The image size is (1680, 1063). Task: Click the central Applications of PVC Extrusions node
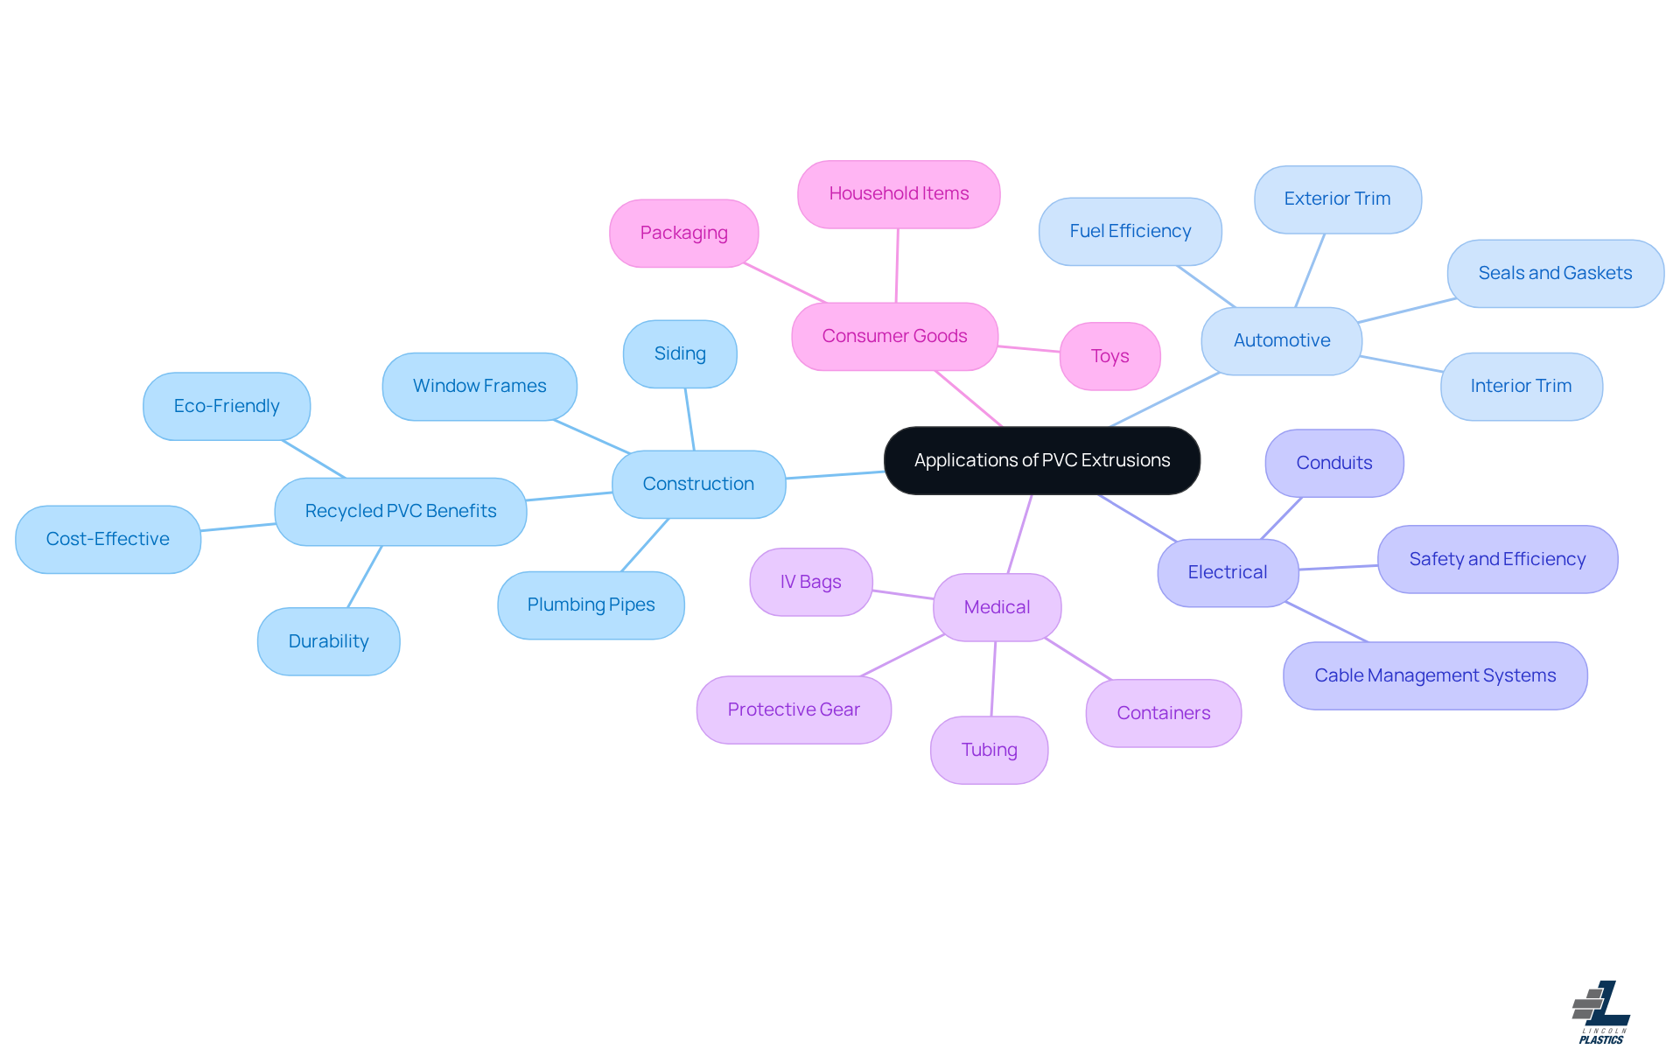tap(1041, 460)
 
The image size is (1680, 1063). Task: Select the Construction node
tap(698, 484)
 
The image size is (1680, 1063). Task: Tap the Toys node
tap(1109, 356)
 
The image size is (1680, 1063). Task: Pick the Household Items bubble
tap(899, 193)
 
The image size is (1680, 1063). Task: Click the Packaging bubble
tap(683, 233)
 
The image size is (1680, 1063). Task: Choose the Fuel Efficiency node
tap(1130, 231)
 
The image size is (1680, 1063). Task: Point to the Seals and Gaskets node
tap(1555, 273)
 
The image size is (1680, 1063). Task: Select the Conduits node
tap(1333, 463)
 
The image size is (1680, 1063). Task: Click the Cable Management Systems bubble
tap(1435, 675)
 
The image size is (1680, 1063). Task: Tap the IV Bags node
tap(810, 582)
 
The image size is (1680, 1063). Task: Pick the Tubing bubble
tap(989, 750)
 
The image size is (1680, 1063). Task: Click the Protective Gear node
tap(794, 710)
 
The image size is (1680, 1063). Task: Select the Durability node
tap(328, 641)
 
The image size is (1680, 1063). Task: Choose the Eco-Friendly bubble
tap(227, 406)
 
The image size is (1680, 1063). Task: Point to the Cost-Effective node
tap(108, 539)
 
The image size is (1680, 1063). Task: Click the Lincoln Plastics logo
tap(1601, 1012)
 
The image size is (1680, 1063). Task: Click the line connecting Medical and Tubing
tap(993, 679)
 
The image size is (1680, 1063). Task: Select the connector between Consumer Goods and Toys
tap(1029, 349)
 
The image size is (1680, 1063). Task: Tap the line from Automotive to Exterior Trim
tap(1310, 270)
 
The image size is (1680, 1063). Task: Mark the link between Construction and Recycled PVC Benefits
tap(569, 496)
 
